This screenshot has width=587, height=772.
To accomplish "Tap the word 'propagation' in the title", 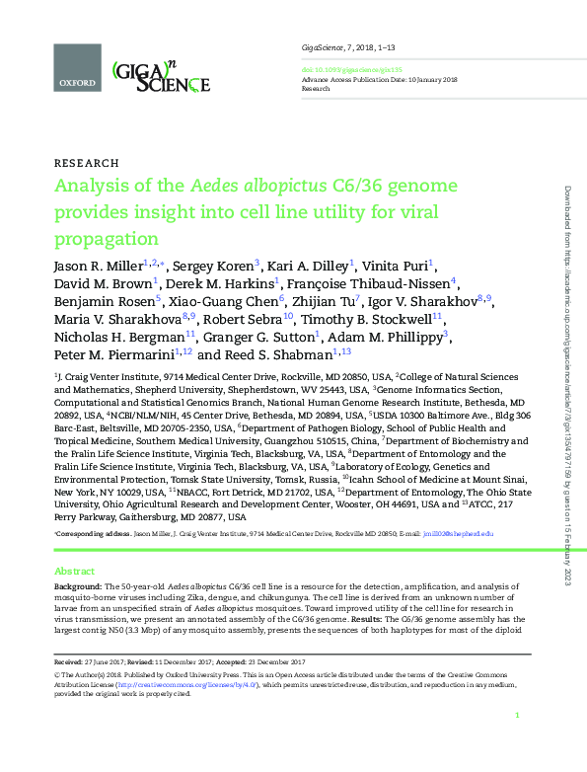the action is [x=106, y=239].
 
